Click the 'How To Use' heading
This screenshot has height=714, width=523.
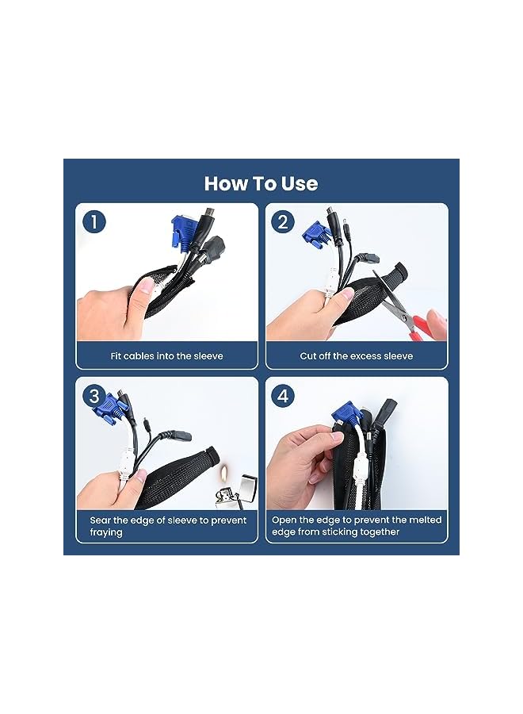(261, 183)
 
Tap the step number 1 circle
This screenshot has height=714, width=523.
(94, 222)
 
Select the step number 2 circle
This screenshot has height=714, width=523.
(283, 222)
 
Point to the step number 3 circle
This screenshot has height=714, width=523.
(94, 395)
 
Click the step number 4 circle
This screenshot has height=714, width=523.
(283, 395)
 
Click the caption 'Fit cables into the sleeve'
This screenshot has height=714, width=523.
(166, 356)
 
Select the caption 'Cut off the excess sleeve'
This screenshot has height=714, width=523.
(356, 356)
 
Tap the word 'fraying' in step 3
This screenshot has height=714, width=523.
(106, 532)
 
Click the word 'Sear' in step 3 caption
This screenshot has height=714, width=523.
(101, 520)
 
